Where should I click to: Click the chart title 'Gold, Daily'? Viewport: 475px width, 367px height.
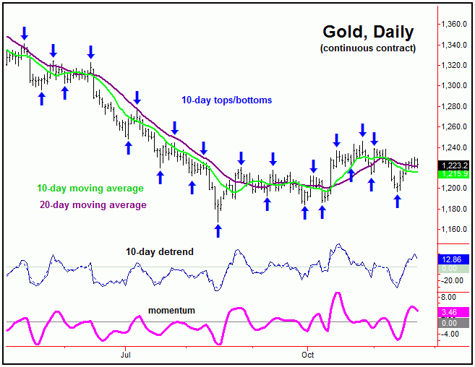click(x=368, y=32)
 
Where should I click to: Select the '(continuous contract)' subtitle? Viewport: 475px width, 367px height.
click(x=367, y=48)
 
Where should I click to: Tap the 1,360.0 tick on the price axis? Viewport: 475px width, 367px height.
click(x=455, y=24)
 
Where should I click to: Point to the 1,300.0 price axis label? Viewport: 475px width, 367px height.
click(x=455, y=85)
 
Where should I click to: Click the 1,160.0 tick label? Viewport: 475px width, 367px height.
click(x=455, y=230)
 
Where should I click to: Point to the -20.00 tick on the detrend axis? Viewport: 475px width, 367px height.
click(x=454, y=280)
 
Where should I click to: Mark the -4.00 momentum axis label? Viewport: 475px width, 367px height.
click(x=451, y=334)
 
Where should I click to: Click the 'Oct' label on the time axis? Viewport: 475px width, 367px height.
click(x=307, y=355)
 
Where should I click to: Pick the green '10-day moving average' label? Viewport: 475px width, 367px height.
click(x=90, y=189)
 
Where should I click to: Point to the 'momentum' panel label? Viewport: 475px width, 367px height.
click(x=171, y=310)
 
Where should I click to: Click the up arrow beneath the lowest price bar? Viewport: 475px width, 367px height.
click(x=218, y=230)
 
